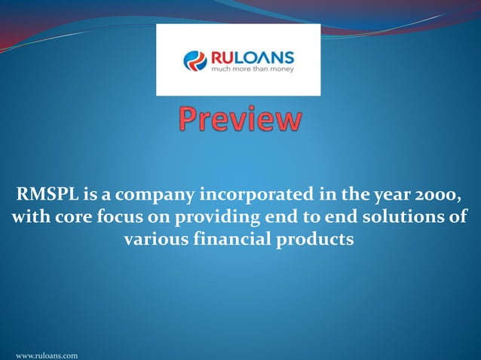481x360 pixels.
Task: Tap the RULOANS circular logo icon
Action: click(195, 60)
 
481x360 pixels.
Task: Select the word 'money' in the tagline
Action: click(281, 69)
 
